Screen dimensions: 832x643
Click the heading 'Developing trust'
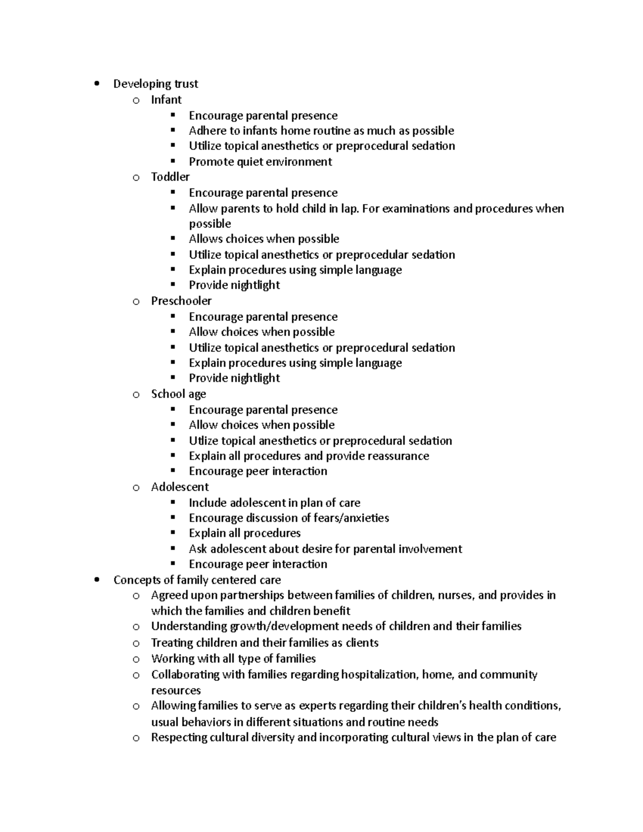tap(155, 84)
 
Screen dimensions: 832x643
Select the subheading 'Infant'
tap(166, 100)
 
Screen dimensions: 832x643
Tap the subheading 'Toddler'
tap(170, 177)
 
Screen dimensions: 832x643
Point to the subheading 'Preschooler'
tap(181, 301)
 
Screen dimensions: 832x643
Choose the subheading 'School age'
tap(178, 394)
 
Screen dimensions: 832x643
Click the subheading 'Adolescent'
tap(180, 487)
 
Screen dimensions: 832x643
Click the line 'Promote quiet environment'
tap(260, 162)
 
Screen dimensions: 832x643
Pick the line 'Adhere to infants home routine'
tap(322, 131)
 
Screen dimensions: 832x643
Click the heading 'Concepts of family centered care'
tap(197, 580)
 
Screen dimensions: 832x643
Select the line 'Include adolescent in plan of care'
tap(274, 503)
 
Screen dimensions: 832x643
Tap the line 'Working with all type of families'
tap(233, 658)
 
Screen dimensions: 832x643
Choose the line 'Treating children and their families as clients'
tap(265, 642)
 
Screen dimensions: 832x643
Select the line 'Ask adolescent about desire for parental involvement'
tap(325, 549)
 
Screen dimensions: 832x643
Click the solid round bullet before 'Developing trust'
tap(96, 84)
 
